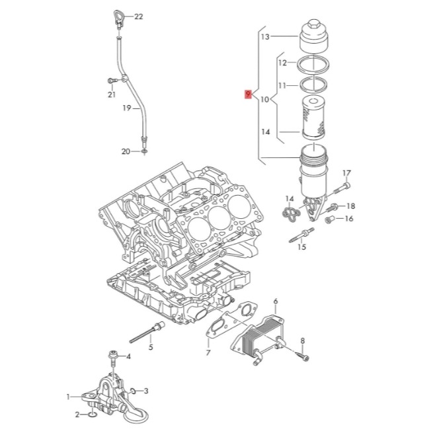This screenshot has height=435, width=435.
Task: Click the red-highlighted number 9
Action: tap(247, 95)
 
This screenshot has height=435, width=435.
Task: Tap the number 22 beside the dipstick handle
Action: tap(138, 15)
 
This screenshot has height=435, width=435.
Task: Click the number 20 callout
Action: tap(126, 152)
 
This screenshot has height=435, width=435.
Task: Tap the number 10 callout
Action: tap(265, 100)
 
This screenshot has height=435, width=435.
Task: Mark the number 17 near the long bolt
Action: tap(346, 173)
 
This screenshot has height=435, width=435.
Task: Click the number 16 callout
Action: tap(350, 219)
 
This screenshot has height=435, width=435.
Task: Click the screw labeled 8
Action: tap(303, 358)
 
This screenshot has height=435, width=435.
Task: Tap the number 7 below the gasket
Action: tap(208, 353)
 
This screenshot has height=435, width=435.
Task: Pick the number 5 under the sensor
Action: tap(151, 346)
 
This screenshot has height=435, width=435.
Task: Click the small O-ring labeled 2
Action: tap(91, 415)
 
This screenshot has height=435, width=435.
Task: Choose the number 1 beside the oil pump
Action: tap(67, 397)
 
